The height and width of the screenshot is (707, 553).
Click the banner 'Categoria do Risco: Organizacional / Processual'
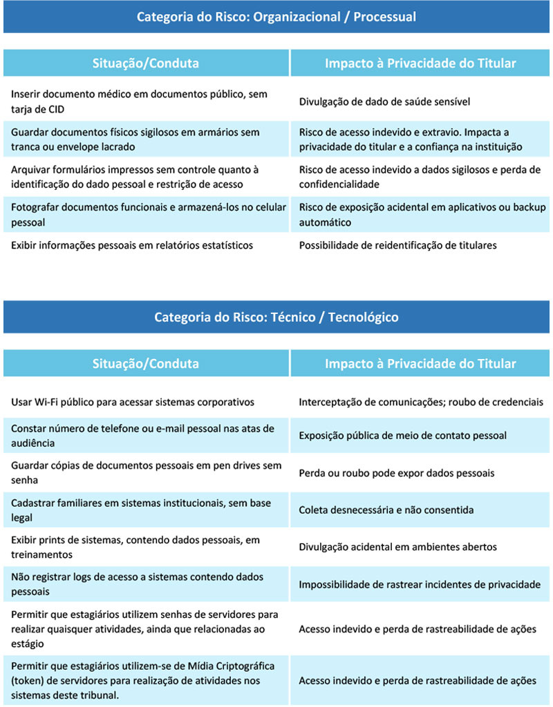click(x=276, y=16)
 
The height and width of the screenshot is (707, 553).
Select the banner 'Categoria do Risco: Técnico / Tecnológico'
click(x=276, y=317)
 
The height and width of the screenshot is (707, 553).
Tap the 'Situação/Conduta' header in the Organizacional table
click(x=146, y=63)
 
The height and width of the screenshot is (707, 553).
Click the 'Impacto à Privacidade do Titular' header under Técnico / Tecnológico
click(x=420, y=363)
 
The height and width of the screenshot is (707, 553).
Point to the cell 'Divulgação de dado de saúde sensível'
click(x=384, y=101)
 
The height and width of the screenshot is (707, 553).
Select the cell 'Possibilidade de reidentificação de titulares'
click(x=397, y=245)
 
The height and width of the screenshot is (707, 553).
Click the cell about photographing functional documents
click(x=146, y=215)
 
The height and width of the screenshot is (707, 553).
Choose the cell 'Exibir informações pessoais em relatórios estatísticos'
click(x=132, y=245)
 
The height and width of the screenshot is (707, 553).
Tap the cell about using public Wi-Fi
click(x=133, y=402)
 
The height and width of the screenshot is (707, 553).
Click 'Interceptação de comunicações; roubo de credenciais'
click(x=421, y=402)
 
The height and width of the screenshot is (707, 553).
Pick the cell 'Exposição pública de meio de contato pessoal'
click(x=403, y=436)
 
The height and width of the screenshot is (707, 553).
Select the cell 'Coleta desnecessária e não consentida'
click(x=386, y=510)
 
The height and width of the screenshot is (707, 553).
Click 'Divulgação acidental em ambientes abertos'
click(x=397, y=547)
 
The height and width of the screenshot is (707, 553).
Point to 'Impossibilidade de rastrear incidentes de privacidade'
click(x=420, y=585)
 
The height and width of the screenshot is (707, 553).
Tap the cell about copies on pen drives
click(x=146, y=473)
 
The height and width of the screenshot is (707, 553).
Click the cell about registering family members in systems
click(x=146, y=510)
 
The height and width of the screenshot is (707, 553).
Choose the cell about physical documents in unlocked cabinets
click(x=146, y=139)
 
